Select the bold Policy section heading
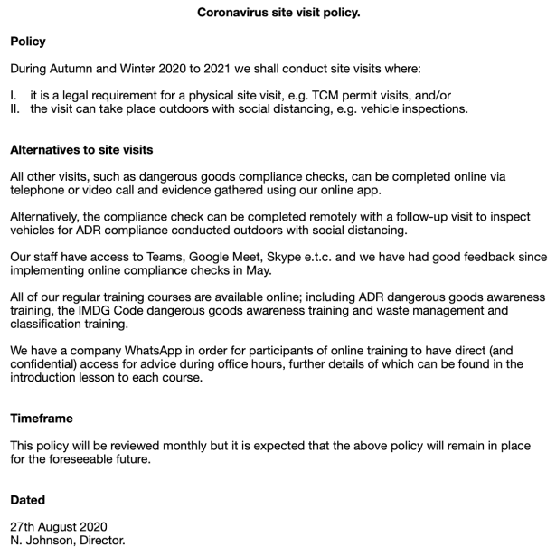[x=28, y=42]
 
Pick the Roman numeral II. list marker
[x=15, y=108]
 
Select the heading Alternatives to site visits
[x=81, y=149]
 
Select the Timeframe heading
[x=42, y=419]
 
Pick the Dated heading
[x=27, y=499]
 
